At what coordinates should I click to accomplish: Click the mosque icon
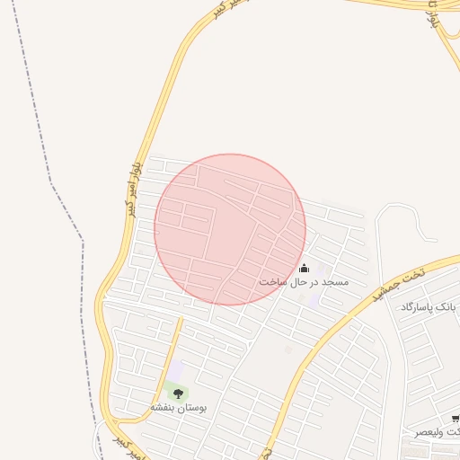304,268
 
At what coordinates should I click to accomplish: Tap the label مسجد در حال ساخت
304,282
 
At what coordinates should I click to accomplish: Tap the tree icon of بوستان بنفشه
178,393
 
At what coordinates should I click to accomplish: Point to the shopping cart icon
456,419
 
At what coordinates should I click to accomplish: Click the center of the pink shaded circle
230,229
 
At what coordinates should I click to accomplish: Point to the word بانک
446,307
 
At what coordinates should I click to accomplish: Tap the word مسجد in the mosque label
334,282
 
